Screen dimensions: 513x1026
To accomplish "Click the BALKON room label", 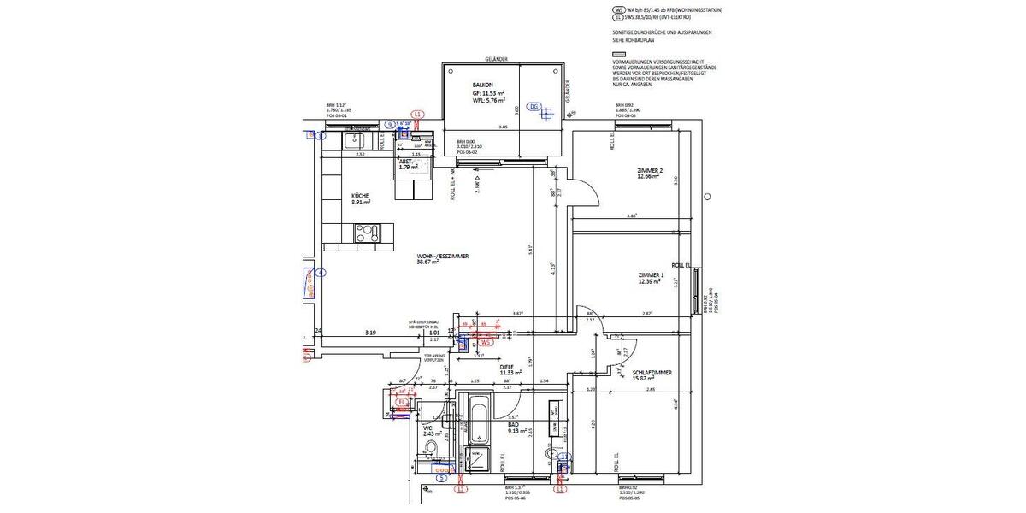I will tap(483, 86).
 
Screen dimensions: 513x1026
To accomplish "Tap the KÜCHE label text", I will tap(360, 196).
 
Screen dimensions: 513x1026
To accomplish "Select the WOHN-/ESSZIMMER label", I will tap(442, 256).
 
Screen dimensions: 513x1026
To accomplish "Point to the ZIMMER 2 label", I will tap(650, 171).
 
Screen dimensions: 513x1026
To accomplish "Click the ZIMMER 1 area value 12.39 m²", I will tap(651, 281).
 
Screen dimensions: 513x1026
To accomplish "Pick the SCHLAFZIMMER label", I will tap(652, 373).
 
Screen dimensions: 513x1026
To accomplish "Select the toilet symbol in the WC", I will tap(432, 449).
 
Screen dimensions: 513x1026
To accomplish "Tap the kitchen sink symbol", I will tap(352, 138).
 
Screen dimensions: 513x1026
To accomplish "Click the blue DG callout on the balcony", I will tap(534, 107).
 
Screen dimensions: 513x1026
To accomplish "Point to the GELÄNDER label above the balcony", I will tap(496, 59).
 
